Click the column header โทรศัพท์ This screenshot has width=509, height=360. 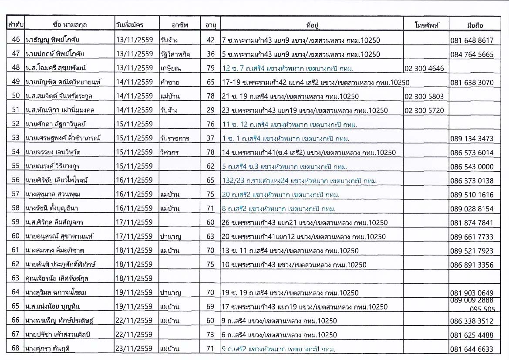(x=426, y=25)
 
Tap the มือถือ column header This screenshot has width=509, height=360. (x=475, y=25)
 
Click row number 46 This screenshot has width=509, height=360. (x=16, y=40)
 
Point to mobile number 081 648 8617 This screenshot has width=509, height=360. (x=472, y=41)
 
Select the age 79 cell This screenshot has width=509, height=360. (x=211, y=68)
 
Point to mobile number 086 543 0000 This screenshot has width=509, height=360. (x=472, y=167)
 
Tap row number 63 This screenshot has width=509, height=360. (x=16, y=278)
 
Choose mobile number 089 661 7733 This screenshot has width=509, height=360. (x=472, y=237)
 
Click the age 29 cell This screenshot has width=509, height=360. (x=211, y=111)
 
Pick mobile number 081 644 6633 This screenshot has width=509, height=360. (x=472, y=349)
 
